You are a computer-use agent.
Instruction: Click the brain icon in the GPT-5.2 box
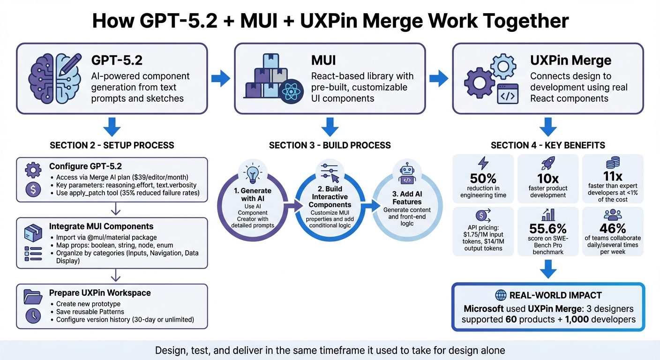coord(52,78)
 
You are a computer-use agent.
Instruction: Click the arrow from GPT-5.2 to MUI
coord(220,78)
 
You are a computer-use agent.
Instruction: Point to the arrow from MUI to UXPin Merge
coord(439,78)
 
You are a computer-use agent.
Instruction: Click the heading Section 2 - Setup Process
coord(112,145)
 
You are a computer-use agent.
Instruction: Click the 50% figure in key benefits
coord(483,179)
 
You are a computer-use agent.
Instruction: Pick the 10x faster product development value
coord(548,179)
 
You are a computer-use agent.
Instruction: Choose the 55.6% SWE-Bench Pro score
coord(548,229)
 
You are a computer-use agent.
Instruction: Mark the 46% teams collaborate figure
coord(612,228)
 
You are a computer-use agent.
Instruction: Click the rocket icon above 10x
coord(548,164)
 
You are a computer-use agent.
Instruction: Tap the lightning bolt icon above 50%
coord(483,163)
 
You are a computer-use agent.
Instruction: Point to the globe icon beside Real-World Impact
coord(501,295)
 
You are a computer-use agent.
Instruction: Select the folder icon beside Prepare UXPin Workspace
coord(33,297)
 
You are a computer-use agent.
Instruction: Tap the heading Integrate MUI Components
coord(101,226)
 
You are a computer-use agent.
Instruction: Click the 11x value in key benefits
coord(612,176)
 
